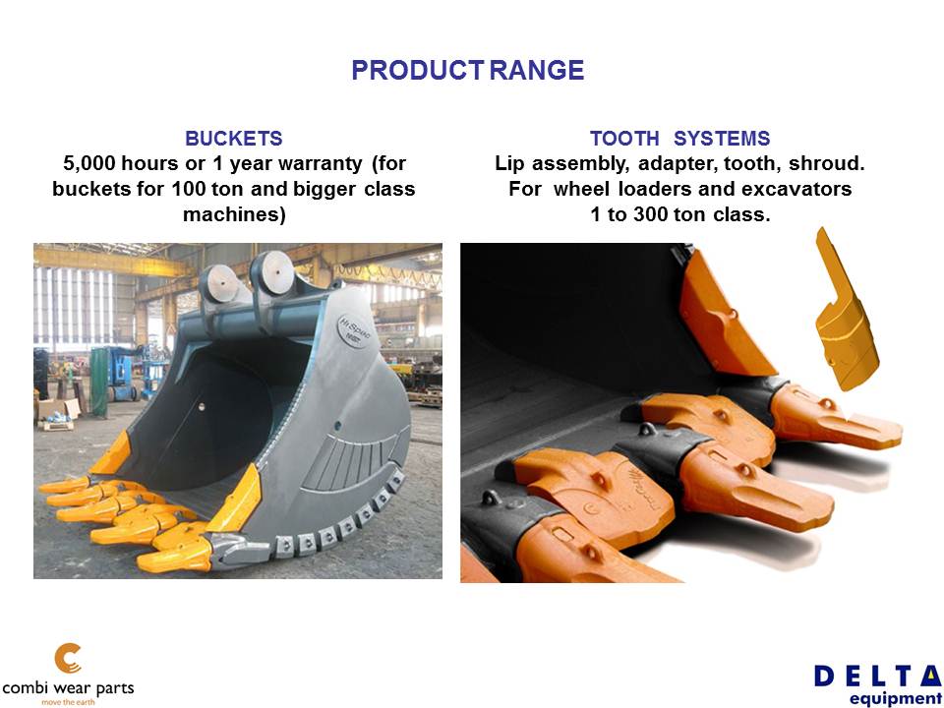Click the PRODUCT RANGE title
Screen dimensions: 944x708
pos(468,70)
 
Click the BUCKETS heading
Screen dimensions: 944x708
pos(234,139)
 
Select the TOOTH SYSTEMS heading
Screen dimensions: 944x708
pos(679,139)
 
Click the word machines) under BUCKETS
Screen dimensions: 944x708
pos(234,214)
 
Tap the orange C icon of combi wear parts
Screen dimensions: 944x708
pos(68,659)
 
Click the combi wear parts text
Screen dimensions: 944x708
pos(68,688)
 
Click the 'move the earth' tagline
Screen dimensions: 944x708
pos(68,702)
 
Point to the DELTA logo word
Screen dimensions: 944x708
pos(878,677)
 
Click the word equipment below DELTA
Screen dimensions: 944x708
pos(896,698)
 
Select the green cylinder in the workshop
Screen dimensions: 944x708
pos(98,383)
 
